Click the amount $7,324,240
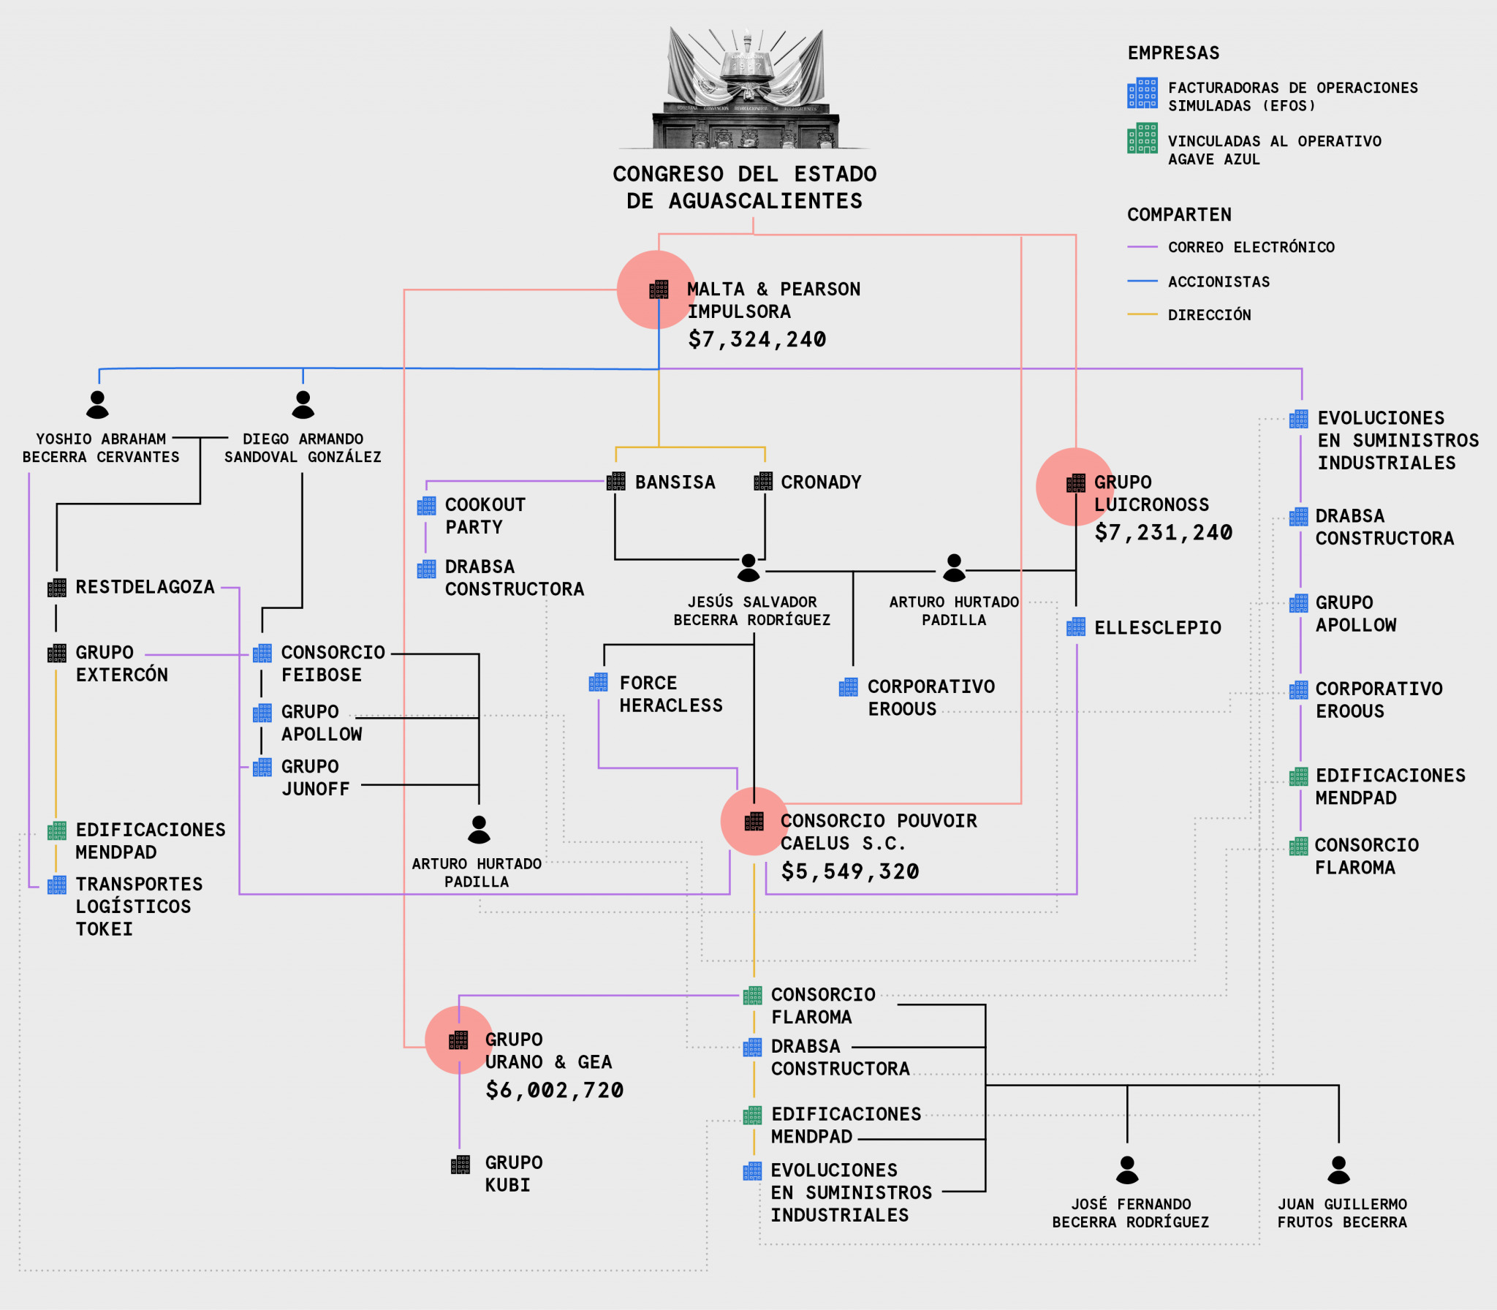click(757, 339)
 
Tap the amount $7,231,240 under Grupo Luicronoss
click(1163, 532)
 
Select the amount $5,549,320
click(849, 871)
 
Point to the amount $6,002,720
click(554, 1090)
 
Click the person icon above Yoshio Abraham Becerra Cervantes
click(97, 404)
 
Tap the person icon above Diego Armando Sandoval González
click(303, 404)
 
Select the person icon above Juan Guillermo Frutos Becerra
click(1338, 1170)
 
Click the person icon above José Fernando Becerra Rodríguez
click(1127, 1170)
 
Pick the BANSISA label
click(675, 482)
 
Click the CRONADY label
click(821, 482)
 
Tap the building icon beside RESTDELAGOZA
click(57, 588)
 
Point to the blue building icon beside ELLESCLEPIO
click(1075, 627)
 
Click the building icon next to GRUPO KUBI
click(460, 1165)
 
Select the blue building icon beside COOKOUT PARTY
click(426, 506)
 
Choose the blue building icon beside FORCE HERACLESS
click(598, 683)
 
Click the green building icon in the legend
click(1142, 139)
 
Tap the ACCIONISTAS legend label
click(1219, 281)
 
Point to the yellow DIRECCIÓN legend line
click(1142, 314)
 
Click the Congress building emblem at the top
click(746, 88)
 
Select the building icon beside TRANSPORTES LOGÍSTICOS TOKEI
click(57, 885)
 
